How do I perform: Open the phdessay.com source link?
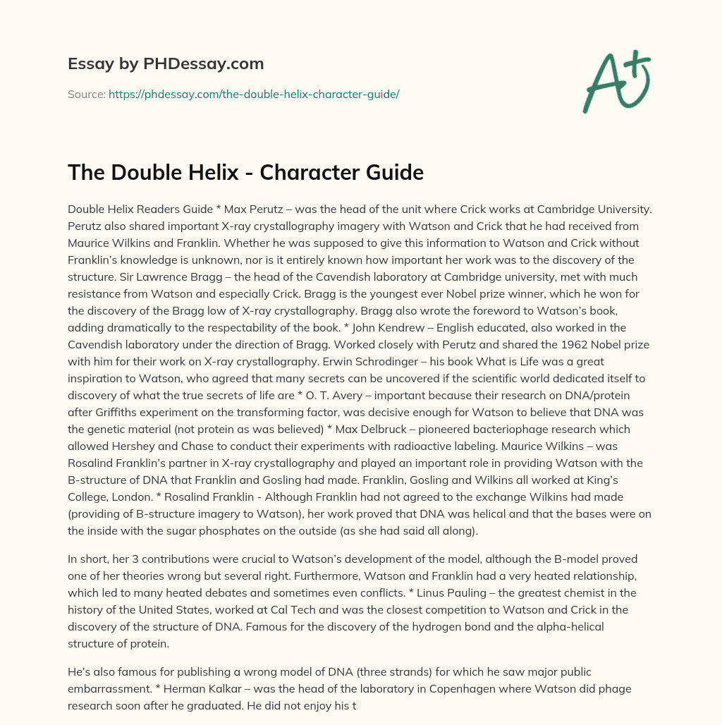[x=254, y=94]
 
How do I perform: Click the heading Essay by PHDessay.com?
[x=166, y=64]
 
